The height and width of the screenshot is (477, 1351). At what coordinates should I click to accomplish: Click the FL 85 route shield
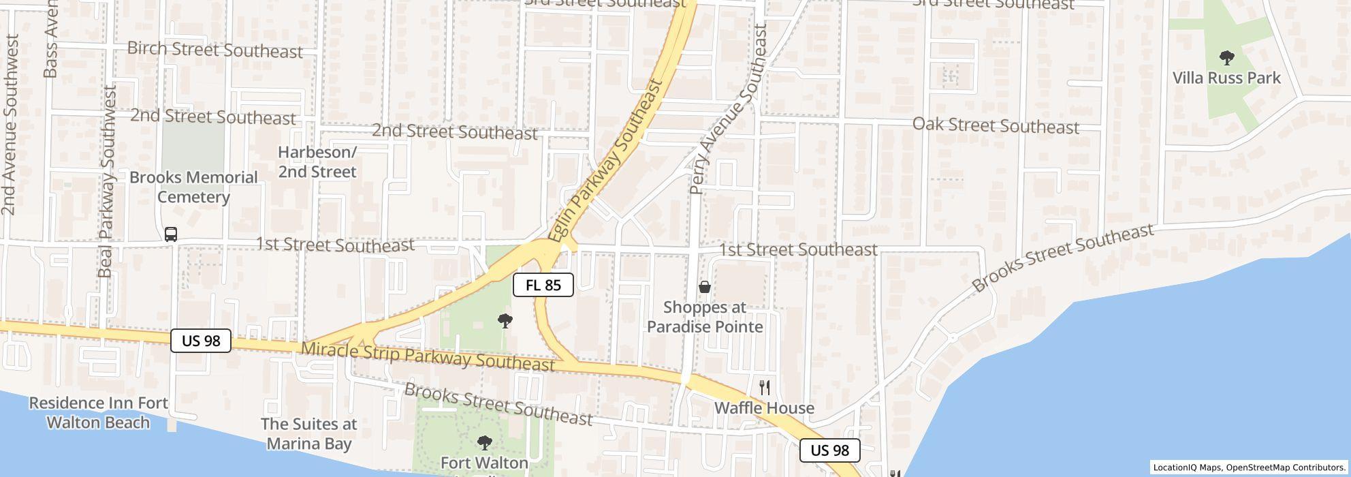coord(543,285)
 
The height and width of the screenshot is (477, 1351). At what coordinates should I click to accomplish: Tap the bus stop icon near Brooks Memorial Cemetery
coord(171,234)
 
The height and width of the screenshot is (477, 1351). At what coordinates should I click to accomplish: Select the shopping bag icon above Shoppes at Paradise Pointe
coord(705,287)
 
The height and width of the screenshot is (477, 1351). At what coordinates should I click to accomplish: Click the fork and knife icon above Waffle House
coord(765,388)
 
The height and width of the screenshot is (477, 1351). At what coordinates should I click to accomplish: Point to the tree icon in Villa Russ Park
coord(1226,57)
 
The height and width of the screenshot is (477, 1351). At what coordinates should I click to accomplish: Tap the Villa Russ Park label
coord(1226,78)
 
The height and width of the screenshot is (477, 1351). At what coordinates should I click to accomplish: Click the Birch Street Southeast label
coord(215,50)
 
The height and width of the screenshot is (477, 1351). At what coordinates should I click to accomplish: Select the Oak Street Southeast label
coord(996,125)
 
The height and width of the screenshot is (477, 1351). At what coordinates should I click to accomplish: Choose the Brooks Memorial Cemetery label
coord(194,187)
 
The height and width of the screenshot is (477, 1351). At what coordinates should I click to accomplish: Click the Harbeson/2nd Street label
coord(317,162)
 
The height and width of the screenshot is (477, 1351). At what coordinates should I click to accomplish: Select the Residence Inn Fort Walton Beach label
coord(98,413)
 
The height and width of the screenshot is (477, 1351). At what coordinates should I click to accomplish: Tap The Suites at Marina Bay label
coord(309,434)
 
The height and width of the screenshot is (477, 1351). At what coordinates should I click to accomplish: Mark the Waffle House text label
coord(764,408)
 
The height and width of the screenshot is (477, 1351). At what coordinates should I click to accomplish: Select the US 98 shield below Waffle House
coord(830,450)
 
